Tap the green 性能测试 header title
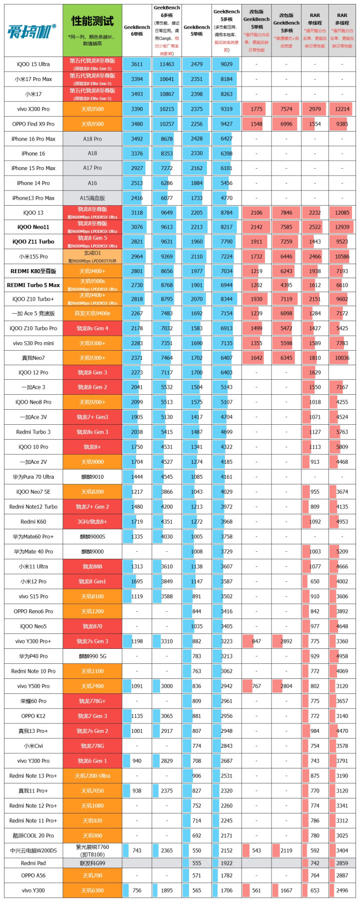(x=92, y=21)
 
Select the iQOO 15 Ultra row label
(x=33, y=64)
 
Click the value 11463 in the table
(x=166, y=64)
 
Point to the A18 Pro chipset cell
(x=92, y=139)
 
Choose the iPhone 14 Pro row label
(x=33, y=183)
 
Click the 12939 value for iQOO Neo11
(x=342, y=227)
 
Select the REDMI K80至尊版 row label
(x=33, y=271)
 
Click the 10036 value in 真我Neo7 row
(x=342, y=358)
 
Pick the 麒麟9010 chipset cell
(x=92, y=477)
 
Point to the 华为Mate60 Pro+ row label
(x=33, y=537)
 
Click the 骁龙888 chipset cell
(x=92, y=566)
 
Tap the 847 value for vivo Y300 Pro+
(x=256, y=641)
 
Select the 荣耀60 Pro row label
(x=33, y=701)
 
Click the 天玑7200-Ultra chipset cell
(x=92, y=776)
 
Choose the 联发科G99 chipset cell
(x=92, y=863)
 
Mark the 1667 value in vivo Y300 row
(x=286, y=890)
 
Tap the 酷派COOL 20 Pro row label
(x=33, y=835)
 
